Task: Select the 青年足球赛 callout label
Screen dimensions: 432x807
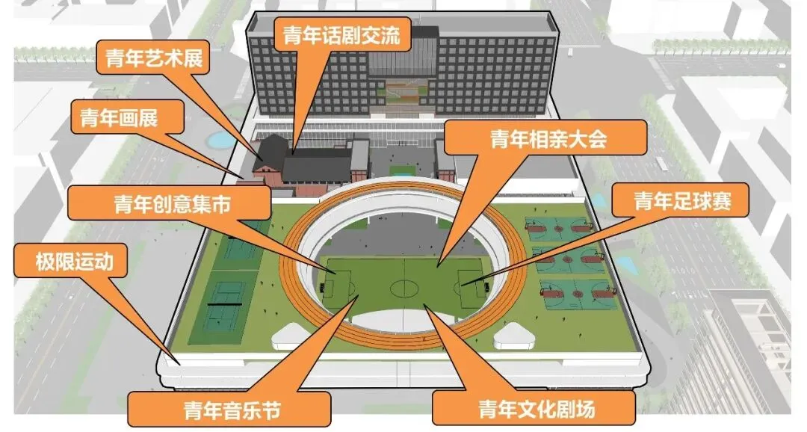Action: [680, 201]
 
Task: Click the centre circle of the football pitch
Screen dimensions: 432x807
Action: [404, 287]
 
